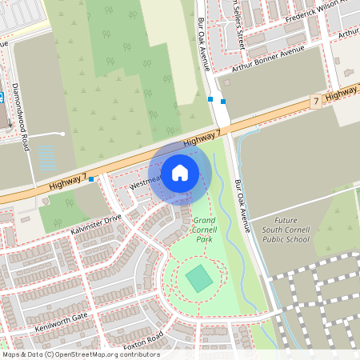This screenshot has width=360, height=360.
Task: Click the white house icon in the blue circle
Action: coord(180,172)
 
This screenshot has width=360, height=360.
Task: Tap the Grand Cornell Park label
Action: coord(204,229)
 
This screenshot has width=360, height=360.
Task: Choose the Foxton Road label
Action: coord(143,340)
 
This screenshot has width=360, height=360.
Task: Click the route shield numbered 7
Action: coord(316,102)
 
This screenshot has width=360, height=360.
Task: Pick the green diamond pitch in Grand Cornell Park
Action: coord(198,279)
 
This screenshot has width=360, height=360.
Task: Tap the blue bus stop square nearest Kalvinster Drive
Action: coord(92,178)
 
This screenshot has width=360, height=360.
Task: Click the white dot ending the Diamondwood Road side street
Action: coord(62,134)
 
